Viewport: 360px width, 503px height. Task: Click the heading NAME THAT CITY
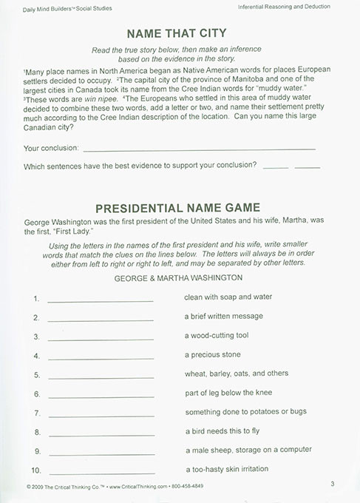pyautogui.click(x=176, y=33)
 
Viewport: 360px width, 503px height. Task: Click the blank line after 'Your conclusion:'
pyautogui.click(x=200, y=148)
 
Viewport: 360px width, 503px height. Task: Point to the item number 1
pyautogui.click(x=35, y=298)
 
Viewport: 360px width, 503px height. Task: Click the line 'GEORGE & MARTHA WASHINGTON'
pyautogui.click(x=179, y=277)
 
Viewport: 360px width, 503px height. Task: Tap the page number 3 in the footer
pyautogui.click(x=333, y=484)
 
